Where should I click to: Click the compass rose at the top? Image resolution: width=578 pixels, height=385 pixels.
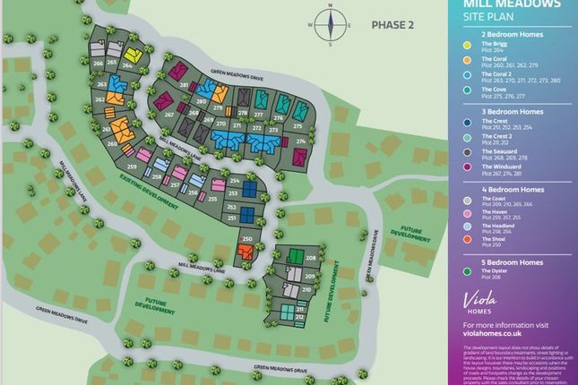click(331, 25)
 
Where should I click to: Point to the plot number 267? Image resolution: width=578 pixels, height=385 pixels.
click(169, 115)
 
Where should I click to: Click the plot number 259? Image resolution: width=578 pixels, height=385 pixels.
click(132, 167)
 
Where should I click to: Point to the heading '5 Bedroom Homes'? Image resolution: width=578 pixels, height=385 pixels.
click(509, 261)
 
